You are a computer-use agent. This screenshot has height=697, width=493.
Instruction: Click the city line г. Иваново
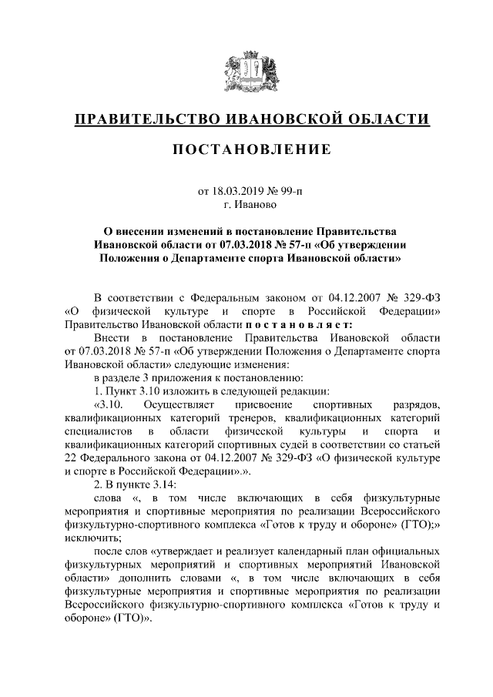coord(246,205)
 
